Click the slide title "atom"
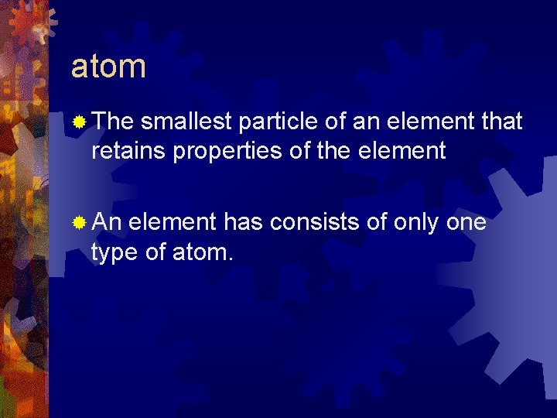point(108,67)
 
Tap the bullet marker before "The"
point(78,122)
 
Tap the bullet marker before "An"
point(78,223)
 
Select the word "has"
point(243,223)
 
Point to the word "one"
point(466,223)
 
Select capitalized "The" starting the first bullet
point(113,122)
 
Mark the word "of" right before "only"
point(377,223)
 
